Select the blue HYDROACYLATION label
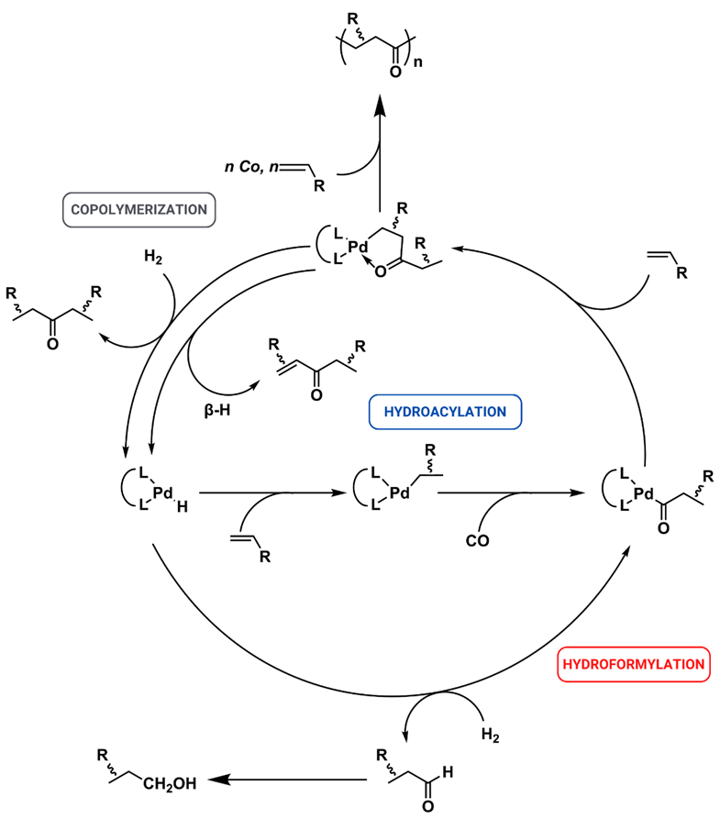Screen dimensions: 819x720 (445, 412)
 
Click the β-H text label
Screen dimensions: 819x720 (218, 402)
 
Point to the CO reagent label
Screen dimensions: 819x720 (476, 540)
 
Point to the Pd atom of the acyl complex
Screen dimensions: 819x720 (643, 493)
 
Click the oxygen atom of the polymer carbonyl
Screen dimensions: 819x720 (395, 69)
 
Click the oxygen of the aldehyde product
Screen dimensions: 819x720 (425, 806)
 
